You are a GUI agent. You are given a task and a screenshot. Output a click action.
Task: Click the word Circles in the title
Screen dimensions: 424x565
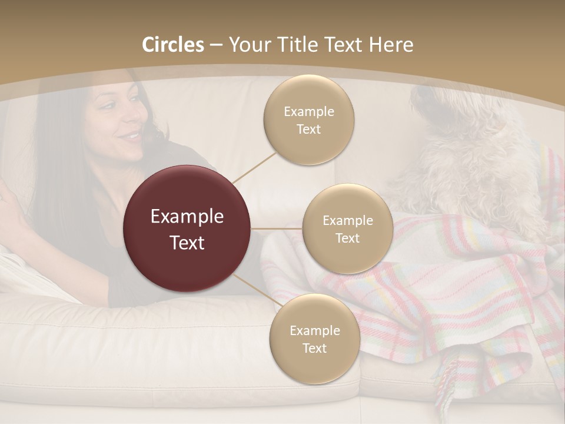pyautogui.click(x=172, y=45)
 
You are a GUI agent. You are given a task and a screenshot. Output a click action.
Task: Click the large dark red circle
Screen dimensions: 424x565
pyautogui.click(x=187, y=228)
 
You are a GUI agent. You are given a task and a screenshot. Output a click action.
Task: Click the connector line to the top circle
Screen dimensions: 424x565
pyautogui.click(x=254, y=167)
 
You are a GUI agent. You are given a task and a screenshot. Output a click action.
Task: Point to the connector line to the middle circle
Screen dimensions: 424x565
pyautogui.click(x=277, y=228)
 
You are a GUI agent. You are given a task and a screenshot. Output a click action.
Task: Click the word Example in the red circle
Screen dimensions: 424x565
pyautogui.click(x=187, y=217)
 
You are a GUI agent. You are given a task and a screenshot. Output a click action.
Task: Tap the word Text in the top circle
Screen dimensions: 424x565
pyautogui.click(x=308, y=130)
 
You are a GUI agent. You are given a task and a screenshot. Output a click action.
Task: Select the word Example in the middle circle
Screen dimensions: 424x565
pyautogui.click(x=347, y=221)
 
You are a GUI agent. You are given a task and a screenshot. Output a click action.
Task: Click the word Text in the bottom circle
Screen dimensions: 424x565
pyautogui.click(x=314, y=348)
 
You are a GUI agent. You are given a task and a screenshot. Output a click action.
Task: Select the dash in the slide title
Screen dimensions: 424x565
pyautogui.click(x=215, y=45)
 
